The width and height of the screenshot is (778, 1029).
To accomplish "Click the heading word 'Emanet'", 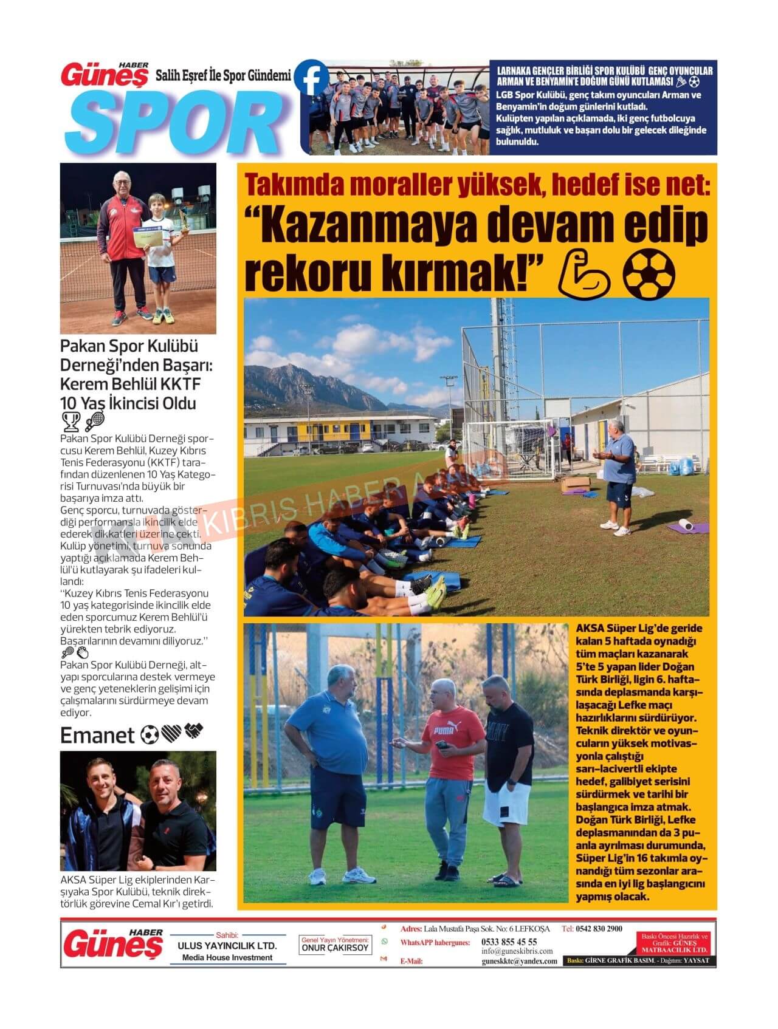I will click(x=97, y=736).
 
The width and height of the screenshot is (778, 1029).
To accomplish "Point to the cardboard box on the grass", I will click(x=574, y=484).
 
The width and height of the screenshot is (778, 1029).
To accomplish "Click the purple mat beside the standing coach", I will click(x=687, y=527).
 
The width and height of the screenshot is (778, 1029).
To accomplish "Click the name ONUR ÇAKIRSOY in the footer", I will click(x=336, y=948).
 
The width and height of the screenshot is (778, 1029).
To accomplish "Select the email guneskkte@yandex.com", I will click(x=519, y=961).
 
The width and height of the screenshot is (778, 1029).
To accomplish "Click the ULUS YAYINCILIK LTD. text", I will click(x=227, y=946).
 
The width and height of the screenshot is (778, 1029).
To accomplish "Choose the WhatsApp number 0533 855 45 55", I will click(x=509, y=942).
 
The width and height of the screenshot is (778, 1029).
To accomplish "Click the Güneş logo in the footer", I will click(x=113, y=944).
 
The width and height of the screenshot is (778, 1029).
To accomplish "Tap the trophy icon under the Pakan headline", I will click(x=71, y=420).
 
